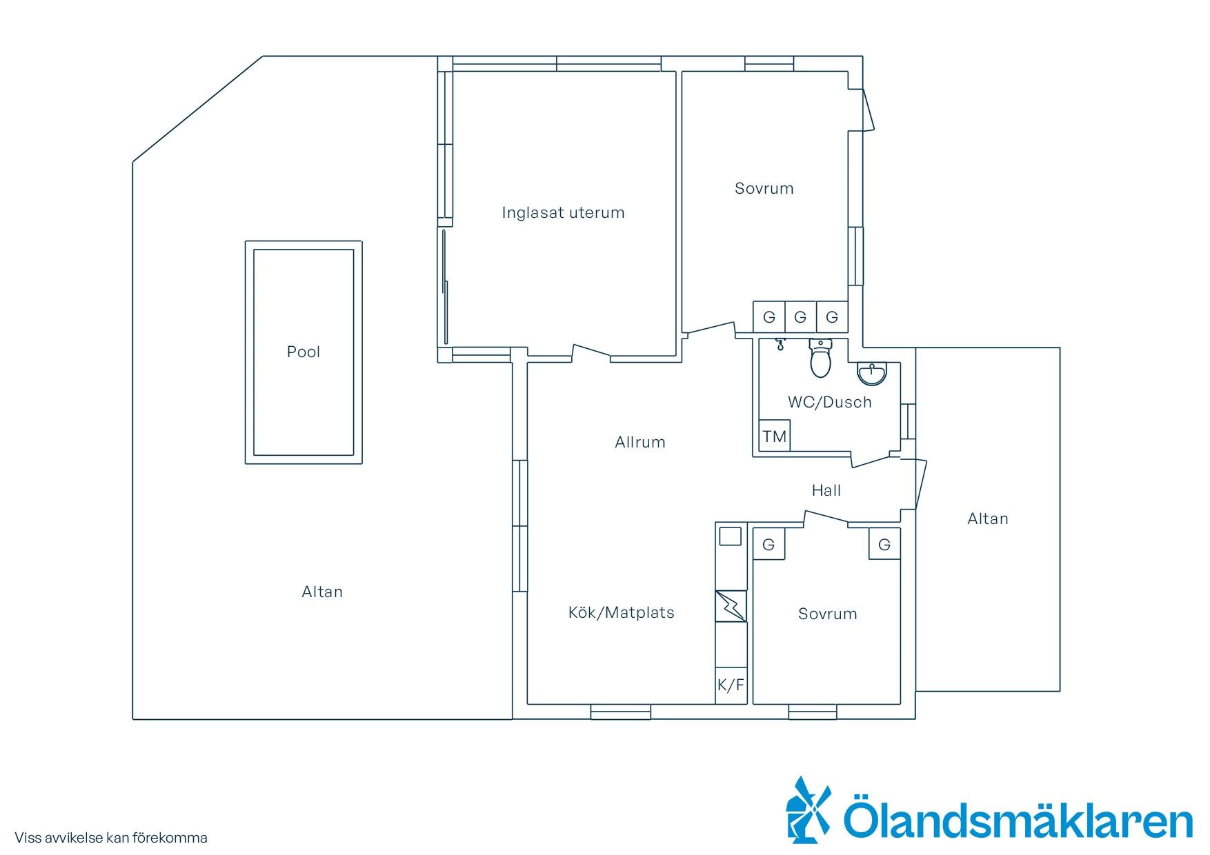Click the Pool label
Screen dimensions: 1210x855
click(304, 352)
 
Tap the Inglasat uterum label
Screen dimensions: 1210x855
click(563, 212)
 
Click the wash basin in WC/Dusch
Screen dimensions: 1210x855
click(873, 373)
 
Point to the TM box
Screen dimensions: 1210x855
click(775, 436)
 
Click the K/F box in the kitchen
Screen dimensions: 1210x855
click(731, 685)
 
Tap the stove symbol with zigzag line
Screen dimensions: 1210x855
click(731, 606)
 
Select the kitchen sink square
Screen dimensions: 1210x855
click(731, 536)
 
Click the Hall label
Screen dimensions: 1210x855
click(826, 490)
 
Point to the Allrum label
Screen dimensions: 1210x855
click(640, 442)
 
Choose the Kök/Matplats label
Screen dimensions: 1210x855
click(622, 612)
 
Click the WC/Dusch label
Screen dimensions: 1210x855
click(830, 402)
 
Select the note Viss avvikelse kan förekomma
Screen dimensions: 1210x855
click(111, 838)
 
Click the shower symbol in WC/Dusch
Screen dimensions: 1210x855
click(780, 343)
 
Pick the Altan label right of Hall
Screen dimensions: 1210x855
click(988, 519)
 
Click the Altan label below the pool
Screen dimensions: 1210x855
click(322, 592)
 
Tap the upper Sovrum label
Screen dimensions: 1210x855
click(764, 188)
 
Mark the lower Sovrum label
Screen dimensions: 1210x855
click(828, 614)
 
